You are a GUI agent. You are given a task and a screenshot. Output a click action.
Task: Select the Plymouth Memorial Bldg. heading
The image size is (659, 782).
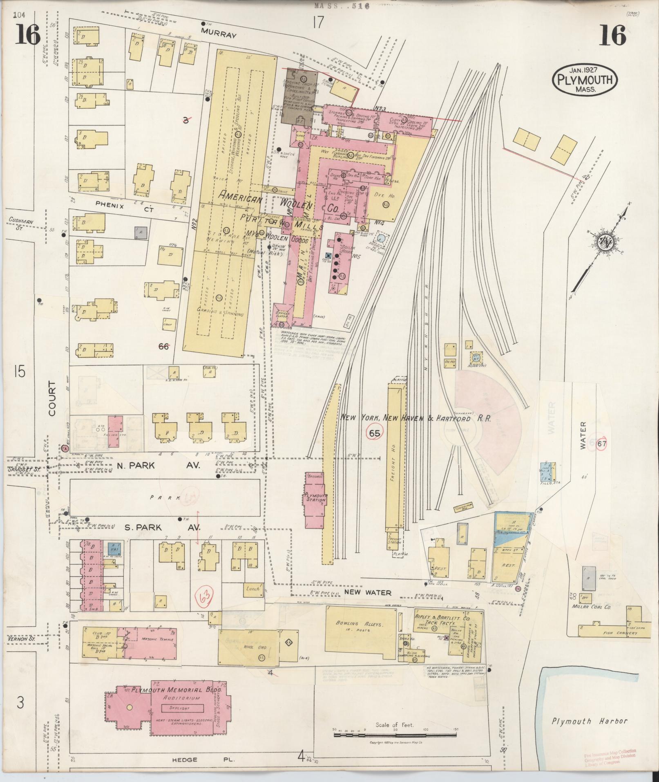pos(177,690)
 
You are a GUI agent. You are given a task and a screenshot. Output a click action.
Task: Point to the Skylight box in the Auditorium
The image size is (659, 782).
pos(182,707)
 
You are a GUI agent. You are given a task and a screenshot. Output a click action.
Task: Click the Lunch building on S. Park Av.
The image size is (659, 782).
pos(253,589)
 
